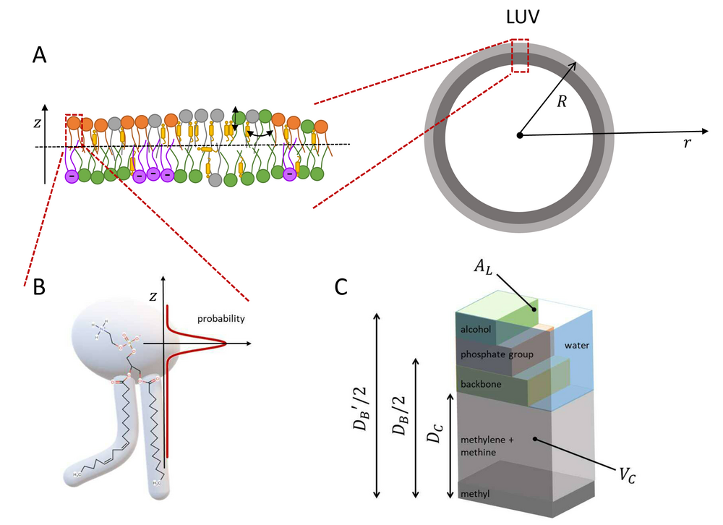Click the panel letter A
coord(40,55)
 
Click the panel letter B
coord(40,288)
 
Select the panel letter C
coord(343,288)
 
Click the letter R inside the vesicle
coord(562,103)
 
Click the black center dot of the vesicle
coord(519,135)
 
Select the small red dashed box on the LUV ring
coord(519,56)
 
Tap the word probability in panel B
coord(221,319)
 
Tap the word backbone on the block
coord(479,383)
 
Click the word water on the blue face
coord(577,345)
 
